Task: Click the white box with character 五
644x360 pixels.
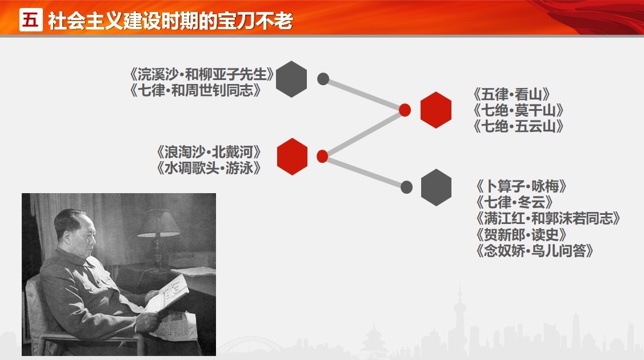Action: coord(31,19)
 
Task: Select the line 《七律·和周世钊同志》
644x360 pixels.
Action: coord(195,90)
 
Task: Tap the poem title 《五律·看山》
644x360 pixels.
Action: coord(511,94)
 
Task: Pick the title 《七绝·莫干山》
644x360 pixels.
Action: coord(518,110)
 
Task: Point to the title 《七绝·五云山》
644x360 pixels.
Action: coord(518,126)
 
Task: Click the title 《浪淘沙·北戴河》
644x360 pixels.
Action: coord(209,153)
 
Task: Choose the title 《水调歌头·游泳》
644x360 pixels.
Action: coord(209,168)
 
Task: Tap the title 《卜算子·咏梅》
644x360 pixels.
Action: coord(521,186)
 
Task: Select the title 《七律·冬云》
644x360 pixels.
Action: coord(514,202)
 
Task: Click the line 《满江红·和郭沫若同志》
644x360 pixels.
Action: coord(547,218)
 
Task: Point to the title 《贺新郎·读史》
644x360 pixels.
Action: coord(521,234)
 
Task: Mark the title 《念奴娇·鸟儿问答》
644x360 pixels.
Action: coord(534,250)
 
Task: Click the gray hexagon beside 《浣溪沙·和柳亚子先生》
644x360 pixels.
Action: coord(291,79)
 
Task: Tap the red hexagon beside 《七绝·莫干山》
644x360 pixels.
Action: coord(436,110)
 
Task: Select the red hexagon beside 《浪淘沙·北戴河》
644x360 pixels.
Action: coord(293,157)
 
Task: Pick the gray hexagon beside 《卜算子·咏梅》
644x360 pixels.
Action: coord(436,187)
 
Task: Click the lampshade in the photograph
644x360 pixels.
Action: coord(158,223)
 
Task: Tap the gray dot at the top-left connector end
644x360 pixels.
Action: coord(323,79)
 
